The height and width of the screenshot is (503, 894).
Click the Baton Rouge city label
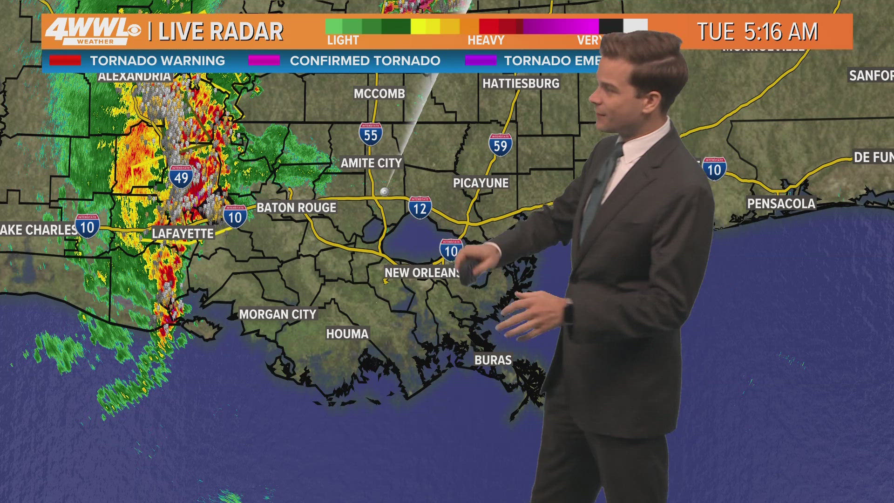point(296,208)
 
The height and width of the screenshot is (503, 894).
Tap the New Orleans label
point(422,273)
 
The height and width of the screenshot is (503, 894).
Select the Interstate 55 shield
point(371,135)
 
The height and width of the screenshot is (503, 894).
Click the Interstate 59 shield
point(500,145)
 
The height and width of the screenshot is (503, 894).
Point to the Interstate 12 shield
point(420,208)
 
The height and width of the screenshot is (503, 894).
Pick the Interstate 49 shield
point(181,177)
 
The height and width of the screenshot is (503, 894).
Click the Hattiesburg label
point(521,84)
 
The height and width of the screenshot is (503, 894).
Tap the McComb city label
point(379,94)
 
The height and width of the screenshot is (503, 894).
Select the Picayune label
point(481,183)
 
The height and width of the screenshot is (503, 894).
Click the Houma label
point(347,334)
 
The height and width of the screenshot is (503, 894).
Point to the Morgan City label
point(278,314)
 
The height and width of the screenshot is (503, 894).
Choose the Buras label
point(493,360)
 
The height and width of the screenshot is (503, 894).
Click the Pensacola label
point(781,204)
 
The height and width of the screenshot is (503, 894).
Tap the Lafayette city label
point(183,233)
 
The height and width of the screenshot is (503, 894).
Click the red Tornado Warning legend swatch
point(65,61)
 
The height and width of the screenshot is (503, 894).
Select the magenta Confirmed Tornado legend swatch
point(264,61)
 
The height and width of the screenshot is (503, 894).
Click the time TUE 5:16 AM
point(757,32)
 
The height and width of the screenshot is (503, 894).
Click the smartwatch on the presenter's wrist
point(569,312)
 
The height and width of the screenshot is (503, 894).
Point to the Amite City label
point(371,163)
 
